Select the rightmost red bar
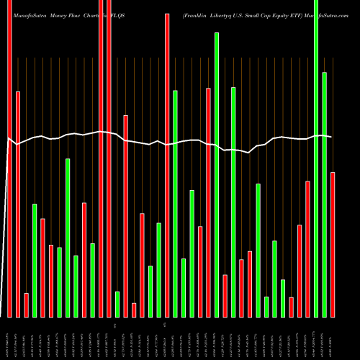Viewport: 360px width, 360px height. [x=333, y=245]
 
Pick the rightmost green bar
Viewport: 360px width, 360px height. [x=324, y=194]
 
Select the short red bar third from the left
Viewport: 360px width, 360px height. [x=26, y=305]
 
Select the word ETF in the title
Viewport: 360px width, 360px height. [x=308, y=15]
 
